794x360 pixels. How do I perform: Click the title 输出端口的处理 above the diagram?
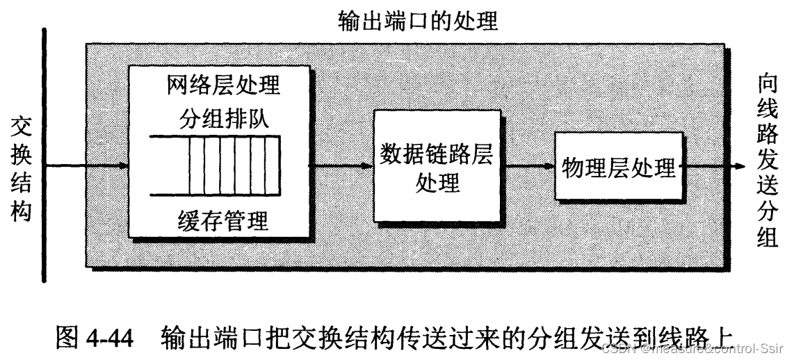[418, 21]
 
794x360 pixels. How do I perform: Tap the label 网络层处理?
[223, 85]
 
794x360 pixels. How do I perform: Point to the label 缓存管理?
[223, 222]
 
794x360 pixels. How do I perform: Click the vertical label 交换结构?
[21, 167]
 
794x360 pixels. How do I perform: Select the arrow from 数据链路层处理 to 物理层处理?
[530, 166]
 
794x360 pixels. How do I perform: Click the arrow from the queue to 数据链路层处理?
[341, 166]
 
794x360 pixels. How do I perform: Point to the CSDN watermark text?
[695, 348]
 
